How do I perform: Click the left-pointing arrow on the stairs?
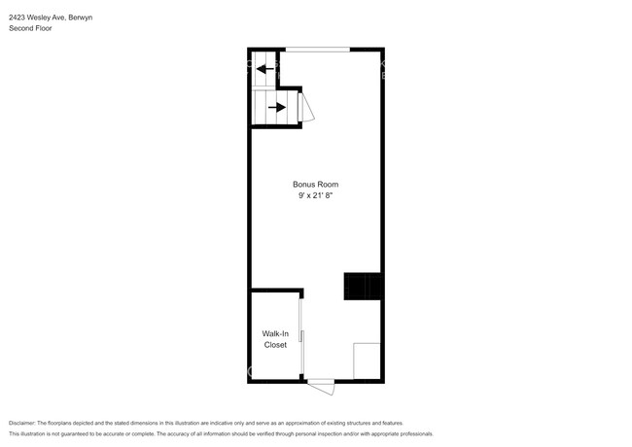[x=264, y=69]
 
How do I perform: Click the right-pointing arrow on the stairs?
[x=277, y=107]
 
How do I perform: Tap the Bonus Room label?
[x=316, y=184]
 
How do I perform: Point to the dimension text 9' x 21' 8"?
[x=316, y=196]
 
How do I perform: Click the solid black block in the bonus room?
[x=361, y=287]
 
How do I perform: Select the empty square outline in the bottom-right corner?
[x=367, y=361]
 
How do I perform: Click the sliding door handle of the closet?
[x=301, y=336]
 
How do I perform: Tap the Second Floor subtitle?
[x=31, y=29]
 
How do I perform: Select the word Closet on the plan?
[x=275, y=345]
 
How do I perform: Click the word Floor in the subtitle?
[x=44, y=29]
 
